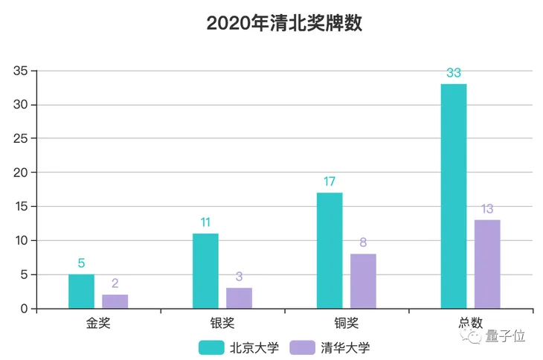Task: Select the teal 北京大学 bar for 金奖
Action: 81,292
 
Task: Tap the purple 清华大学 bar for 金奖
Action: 115,301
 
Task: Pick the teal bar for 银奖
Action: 205,271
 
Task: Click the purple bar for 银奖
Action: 239,298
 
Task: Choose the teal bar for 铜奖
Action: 330,251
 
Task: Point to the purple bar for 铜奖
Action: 363,281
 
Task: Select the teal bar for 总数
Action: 454,196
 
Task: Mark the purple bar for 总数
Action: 487,264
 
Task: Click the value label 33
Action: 454,73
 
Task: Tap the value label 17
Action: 330,181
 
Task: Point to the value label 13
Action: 487,209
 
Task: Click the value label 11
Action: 205,222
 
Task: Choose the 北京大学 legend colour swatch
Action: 211,347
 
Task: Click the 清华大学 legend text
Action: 344,347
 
